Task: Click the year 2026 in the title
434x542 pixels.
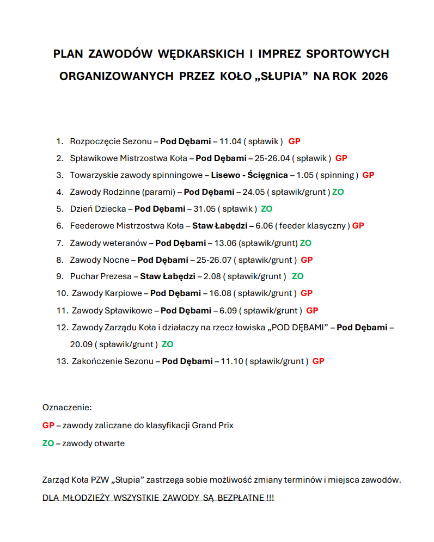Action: point(374,76)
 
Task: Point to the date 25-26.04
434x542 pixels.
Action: point(271,158)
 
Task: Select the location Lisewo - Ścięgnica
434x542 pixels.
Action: point(249,175)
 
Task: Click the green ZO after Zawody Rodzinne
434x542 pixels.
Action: point(338,192)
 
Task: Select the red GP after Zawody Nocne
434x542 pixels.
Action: point(307,260)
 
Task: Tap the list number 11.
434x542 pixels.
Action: point(62,310)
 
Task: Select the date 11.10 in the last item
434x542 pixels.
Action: point(230,361)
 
